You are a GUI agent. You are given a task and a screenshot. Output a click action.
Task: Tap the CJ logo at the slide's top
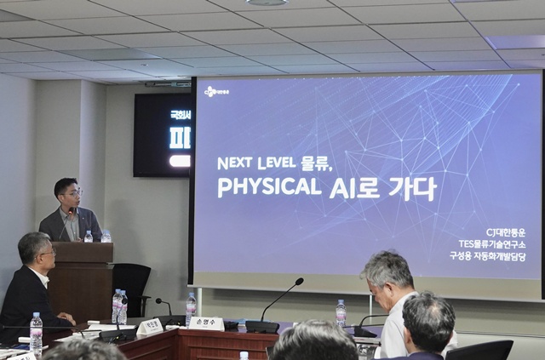point(216,89)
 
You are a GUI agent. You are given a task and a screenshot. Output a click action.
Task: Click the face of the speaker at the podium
point(69,195)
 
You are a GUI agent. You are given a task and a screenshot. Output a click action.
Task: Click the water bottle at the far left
point(36,332)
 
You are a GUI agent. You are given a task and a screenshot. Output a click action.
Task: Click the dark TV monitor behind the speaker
point(162,134)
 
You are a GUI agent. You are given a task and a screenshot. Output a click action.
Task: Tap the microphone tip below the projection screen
point(299,280)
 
